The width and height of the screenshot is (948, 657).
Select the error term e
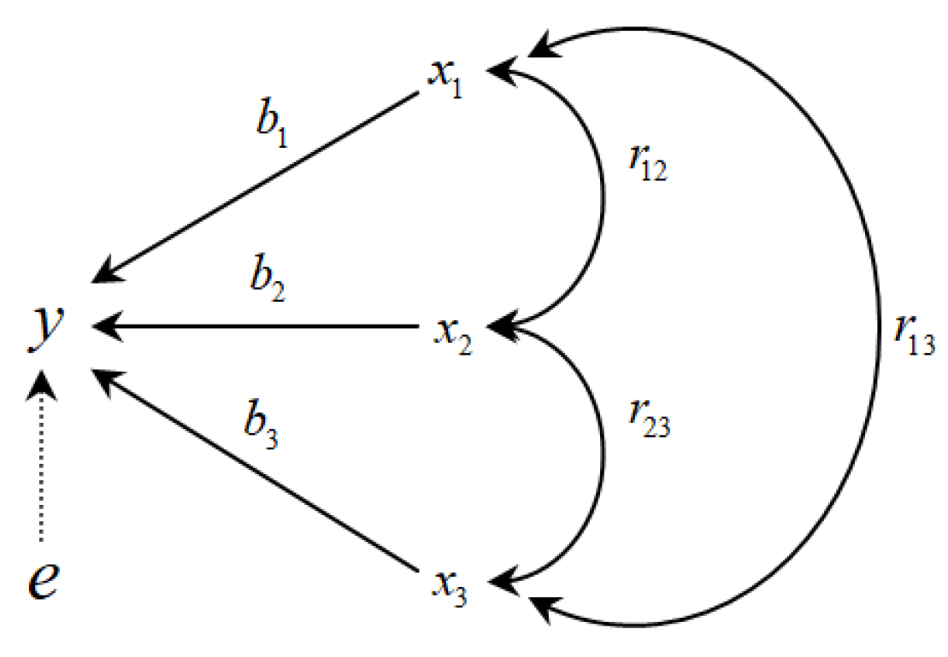(40, 580)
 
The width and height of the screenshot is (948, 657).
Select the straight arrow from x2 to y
(256, 326)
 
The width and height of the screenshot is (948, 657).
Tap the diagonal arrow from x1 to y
(256, 185)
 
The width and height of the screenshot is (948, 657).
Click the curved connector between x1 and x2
(602, 201)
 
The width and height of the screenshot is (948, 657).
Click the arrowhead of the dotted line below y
(40, 386)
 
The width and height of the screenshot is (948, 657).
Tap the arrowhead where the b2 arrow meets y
(105, 326)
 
